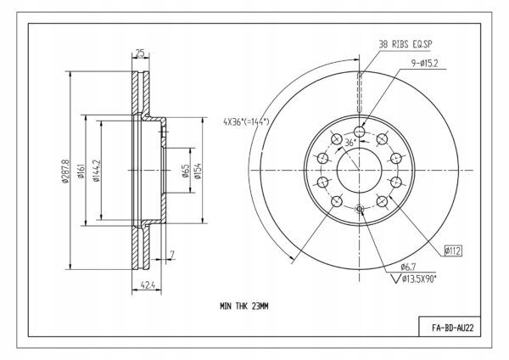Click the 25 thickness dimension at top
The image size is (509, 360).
pyautogui.click(x=140, y=53)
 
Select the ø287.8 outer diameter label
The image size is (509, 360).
pyautogui.click(x=65, y=171)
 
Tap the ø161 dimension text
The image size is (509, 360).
pyautogui.click(x=81, y=172)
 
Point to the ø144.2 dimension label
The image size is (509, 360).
pyautogui.click(x=97, y=171)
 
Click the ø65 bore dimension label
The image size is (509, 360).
pyautogui.click(x=185, y=171)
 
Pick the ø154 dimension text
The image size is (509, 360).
pyautogui.click(x=198, y=171)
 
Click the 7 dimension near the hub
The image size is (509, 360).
pyautogui.click(x=172, y=254)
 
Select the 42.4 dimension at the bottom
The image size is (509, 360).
pyautogui.click(x=147, y=285)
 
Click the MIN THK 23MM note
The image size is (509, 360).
pyautogui.click(x=244, y=306)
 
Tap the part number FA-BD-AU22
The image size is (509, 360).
pyautogui.click(x=452, y=328)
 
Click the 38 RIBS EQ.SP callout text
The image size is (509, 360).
pyautogui.click(x=406, y=44)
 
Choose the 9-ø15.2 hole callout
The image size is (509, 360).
pyautogui.click(x=425, y=64)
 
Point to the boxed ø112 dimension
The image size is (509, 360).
pyautogui.click(x=453, y=250)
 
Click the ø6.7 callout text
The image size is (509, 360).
pyautogui.click(x=408, y=267)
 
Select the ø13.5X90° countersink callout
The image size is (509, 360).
pyautogui.click(x=415, y=278)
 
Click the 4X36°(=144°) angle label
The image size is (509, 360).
pyautogui.click(x=246, y=122)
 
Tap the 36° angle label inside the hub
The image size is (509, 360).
pyautogui.click(x=350, y=143)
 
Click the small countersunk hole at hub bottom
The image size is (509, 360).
pyautogui.click(x=360, y=209)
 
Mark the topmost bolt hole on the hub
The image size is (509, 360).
pyautogui.click(x=360, y=132)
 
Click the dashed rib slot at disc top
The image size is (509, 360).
pyautogui.click(x=360, y=93)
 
